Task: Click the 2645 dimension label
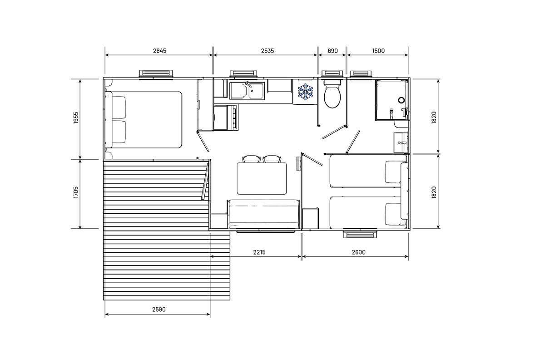(x=159, y=51)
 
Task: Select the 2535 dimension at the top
(x=268, y=51)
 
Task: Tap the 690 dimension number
(x=332, y=51)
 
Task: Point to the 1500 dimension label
(x=378, y=51)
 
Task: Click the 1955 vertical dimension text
(x=76, y=118)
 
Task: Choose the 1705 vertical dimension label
(x=76, y=192)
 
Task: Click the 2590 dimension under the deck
(x=159, y=309)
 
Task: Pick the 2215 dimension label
(x=259, y=252)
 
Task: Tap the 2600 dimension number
(x=358, y=252)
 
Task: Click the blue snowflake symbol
(x=305, y=91)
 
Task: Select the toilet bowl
(x=332, y=94)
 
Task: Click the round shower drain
(x=401, y=100)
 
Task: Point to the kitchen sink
(x=247, y=91)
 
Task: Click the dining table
(x=262, y=179)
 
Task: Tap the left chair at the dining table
(x=251, y=159)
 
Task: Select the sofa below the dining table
(x=263, y=214)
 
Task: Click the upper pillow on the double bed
(x=119, y=107)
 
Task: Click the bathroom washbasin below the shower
(x=401, y=142)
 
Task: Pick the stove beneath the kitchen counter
(x=226, y=117)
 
